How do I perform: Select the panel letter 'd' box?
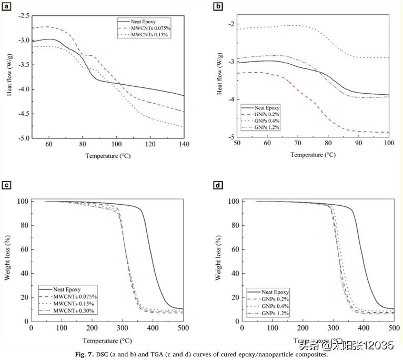coord(217,185)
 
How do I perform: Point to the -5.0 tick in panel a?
coord(23,138)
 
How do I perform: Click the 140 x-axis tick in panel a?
coord(184,145)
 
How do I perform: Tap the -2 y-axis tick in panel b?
coord(230,24)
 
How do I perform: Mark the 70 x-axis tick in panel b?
coord(298,143)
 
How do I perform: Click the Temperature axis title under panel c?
coord(107,340)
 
